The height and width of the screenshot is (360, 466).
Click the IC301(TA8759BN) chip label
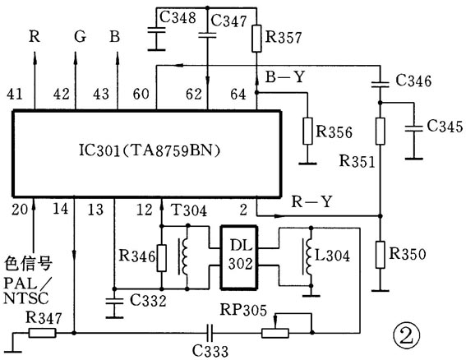click(x=150, y=150)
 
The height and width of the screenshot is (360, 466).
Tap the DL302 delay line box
click(x=239, y=257)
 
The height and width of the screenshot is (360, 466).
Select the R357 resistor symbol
click(x=256, y=39)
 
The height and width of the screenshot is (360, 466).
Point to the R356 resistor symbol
click(x=307, y=132)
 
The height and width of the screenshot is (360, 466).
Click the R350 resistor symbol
click(x=380, y=255)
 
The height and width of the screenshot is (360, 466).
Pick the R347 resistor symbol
click(x=42, y=333)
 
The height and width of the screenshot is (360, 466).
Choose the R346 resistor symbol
click(x=161, y=258)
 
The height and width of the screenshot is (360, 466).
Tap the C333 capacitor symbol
click(x=210, y=333)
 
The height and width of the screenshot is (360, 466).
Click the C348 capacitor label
click(x=178, y=17)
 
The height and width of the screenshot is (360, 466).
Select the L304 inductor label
click(x=332, y=256)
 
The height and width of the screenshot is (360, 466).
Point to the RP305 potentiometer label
click(x=243, y=310)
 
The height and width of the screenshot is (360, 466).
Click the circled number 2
click(x=407, y=335)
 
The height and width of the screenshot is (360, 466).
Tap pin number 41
click(x=15, y=94)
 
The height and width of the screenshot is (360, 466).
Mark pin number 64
click(x=238, y=95)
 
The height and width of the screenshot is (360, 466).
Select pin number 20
click(x=20, y=210)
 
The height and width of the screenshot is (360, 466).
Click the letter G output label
click(x=80, y=37)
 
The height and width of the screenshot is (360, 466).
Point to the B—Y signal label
click(x=285, y=76)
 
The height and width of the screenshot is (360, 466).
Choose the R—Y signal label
click(x=311, y=201)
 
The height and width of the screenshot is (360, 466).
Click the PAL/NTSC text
click(x=27, y=291)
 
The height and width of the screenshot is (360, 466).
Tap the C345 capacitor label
click(x=445, y=126)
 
